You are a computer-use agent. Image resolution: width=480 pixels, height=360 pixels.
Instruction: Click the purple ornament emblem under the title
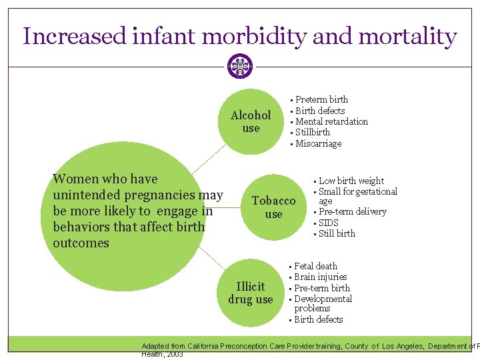tap(240, 66)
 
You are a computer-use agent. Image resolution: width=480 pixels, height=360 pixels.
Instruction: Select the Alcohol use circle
tap(251, 121)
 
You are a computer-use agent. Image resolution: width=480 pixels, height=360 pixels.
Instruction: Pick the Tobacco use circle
tap(273, 207)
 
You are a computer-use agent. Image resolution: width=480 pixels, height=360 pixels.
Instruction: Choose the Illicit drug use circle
tap(251, 293)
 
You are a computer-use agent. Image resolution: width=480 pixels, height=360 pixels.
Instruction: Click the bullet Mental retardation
tap(331, 121)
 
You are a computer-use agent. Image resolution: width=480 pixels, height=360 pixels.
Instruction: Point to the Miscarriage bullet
tap(318, 143)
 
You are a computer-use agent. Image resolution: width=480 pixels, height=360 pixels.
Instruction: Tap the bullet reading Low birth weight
tap(351, 181)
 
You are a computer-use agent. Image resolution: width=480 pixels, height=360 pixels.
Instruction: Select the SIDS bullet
tap(329, 223)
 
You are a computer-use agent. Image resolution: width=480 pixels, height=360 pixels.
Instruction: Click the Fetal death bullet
tap(315, 266)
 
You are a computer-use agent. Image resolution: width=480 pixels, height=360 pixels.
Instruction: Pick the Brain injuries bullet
tap(320, 277)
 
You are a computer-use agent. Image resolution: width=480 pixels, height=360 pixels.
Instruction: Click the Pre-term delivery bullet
tap(352, 211)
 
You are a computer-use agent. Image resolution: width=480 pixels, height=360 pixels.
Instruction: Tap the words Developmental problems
tap(323, 303)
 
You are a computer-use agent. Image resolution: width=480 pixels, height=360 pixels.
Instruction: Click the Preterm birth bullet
tap(321, 99)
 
